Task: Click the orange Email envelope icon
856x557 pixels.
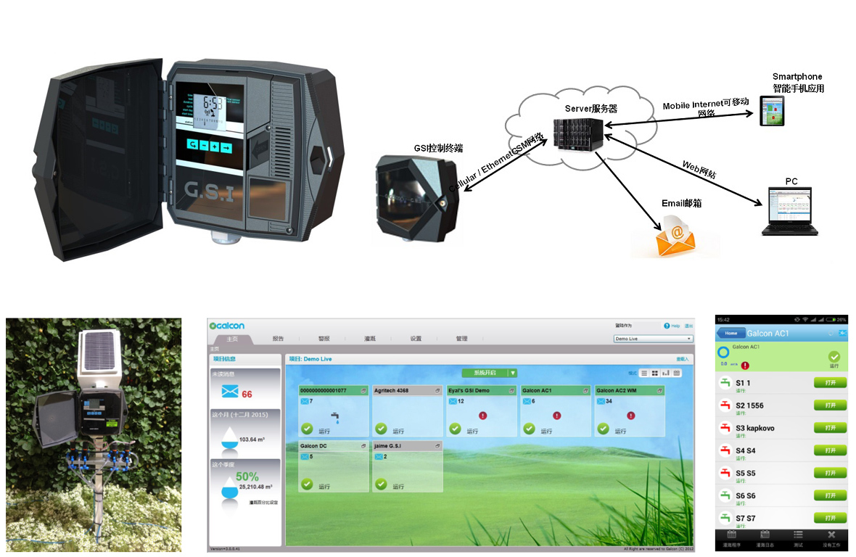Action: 675,239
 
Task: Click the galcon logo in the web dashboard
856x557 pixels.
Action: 227,326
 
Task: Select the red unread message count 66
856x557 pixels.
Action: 247,394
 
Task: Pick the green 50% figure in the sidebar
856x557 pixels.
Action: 247,476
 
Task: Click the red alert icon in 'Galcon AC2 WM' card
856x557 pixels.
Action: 630,416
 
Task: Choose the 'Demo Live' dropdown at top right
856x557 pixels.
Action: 653,339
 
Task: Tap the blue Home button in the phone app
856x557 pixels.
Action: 731,333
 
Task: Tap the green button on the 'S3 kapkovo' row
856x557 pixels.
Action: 830,428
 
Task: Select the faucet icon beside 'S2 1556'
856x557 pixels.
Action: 725,405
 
